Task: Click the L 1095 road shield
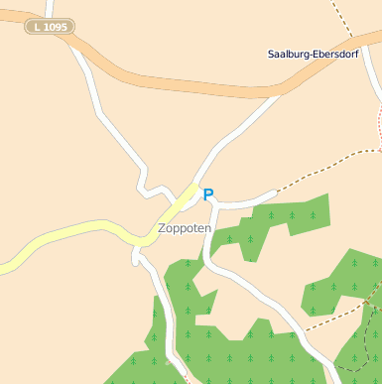pos(50,27)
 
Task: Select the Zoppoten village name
pos(185,228)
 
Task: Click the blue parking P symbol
pos(207,195)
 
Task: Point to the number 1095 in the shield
pos(55,27)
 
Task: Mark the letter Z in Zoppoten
pos(162,228)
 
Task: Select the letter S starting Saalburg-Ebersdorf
pos(271,54)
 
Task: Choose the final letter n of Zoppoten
pos(207,228)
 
